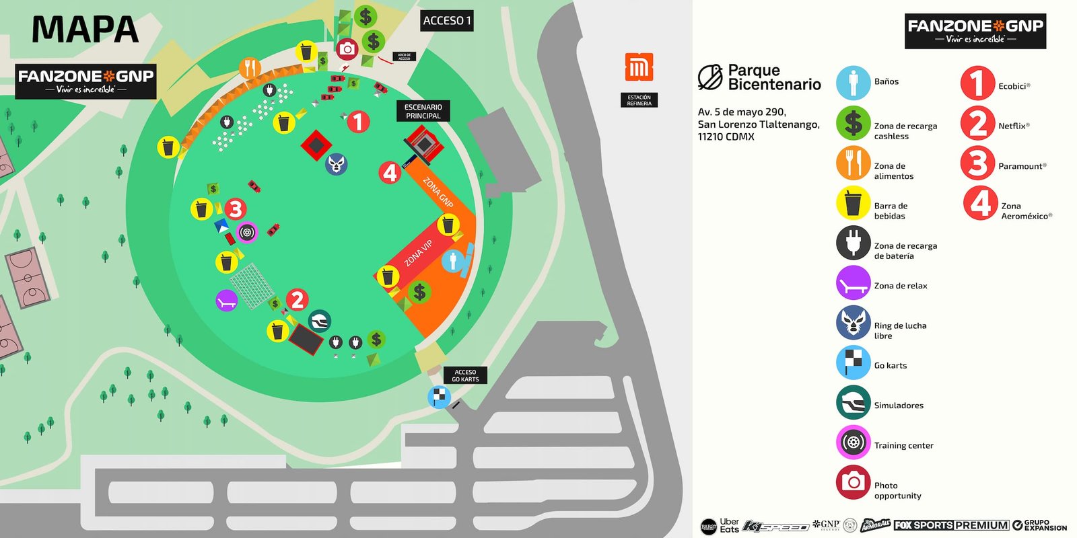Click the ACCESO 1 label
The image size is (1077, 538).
[447, 21]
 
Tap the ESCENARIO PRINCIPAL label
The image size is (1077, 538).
[423, 112]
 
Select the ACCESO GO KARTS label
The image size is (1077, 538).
[465, 376]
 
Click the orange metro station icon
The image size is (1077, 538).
[639, 67]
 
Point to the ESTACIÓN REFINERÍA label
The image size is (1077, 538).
[639, 100]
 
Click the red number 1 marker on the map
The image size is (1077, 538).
[358, 122]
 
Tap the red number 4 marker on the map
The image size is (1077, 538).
[390, 173]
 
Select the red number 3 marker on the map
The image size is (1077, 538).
[235, 209]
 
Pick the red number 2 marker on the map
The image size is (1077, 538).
[298, 300]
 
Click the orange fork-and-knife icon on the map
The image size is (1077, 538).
[250, 68]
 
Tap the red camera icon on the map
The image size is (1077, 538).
[347, 49]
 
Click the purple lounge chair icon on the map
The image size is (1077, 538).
[227, 301]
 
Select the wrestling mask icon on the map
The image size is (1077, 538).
[336, 163]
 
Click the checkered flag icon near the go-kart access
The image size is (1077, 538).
[440, 397]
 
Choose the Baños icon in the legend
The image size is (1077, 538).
[853, 83]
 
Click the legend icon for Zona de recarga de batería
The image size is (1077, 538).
[853, 243]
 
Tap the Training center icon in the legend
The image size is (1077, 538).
[853, 443]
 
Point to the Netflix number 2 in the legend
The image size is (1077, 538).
[977, 123]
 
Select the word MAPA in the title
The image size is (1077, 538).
[85, 30]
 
